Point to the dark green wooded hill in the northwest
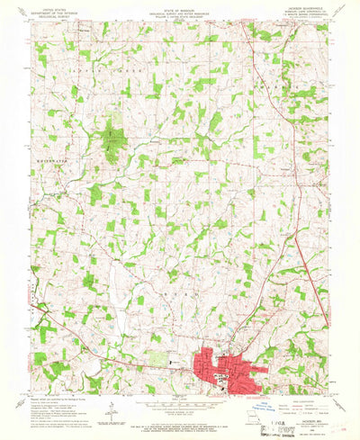point(112,144)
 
